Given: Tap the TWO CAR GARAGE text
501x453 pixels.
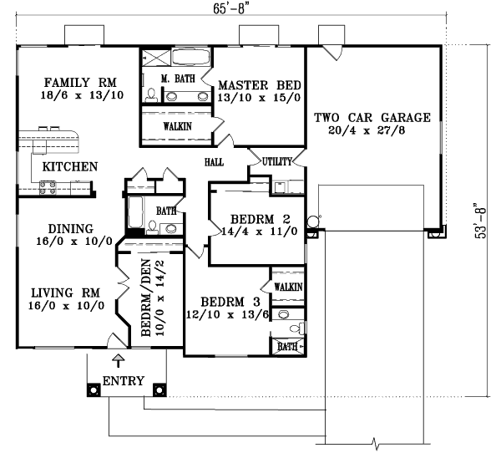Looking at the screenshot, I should (x=372, y=117).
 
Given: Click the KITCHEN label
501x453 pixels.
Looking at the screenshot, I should (x=71, y=166).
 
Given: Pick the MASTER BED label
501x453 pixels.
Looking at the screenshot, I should (x=259, y=84).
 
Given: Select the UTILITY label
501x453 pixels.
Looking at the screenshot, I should (x=276, y=161).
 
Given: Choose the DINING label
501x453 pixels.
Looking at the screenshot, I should (x=70, y=228).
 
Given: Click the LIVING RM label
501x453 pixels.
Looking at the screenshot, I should (x=66, y=293).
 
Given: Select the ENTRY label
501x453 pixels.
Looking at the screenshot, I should (x=123, y=382).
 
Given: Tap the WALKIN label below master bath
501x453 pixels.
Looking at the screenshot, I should (x=177, y=125).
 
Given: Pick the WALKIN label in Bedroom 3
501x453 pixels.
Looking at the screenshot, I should (x=288, y=287).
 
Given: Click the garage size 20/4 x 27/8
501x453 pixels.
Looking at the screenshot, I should (x=372, y=131).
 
